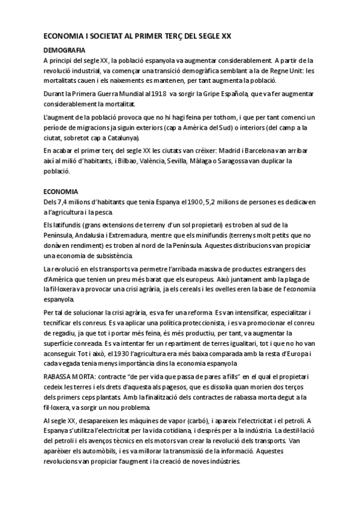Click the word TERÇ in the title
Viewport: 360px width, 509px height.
click(x=163, y=37)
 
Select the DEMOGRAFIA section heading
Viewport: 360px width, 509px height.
click(x=64, y=50)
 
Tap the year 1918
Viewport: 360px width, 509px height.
click(x=158, y=94)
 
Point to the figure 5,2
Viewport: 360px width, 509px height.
click(x=221, y=202)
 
